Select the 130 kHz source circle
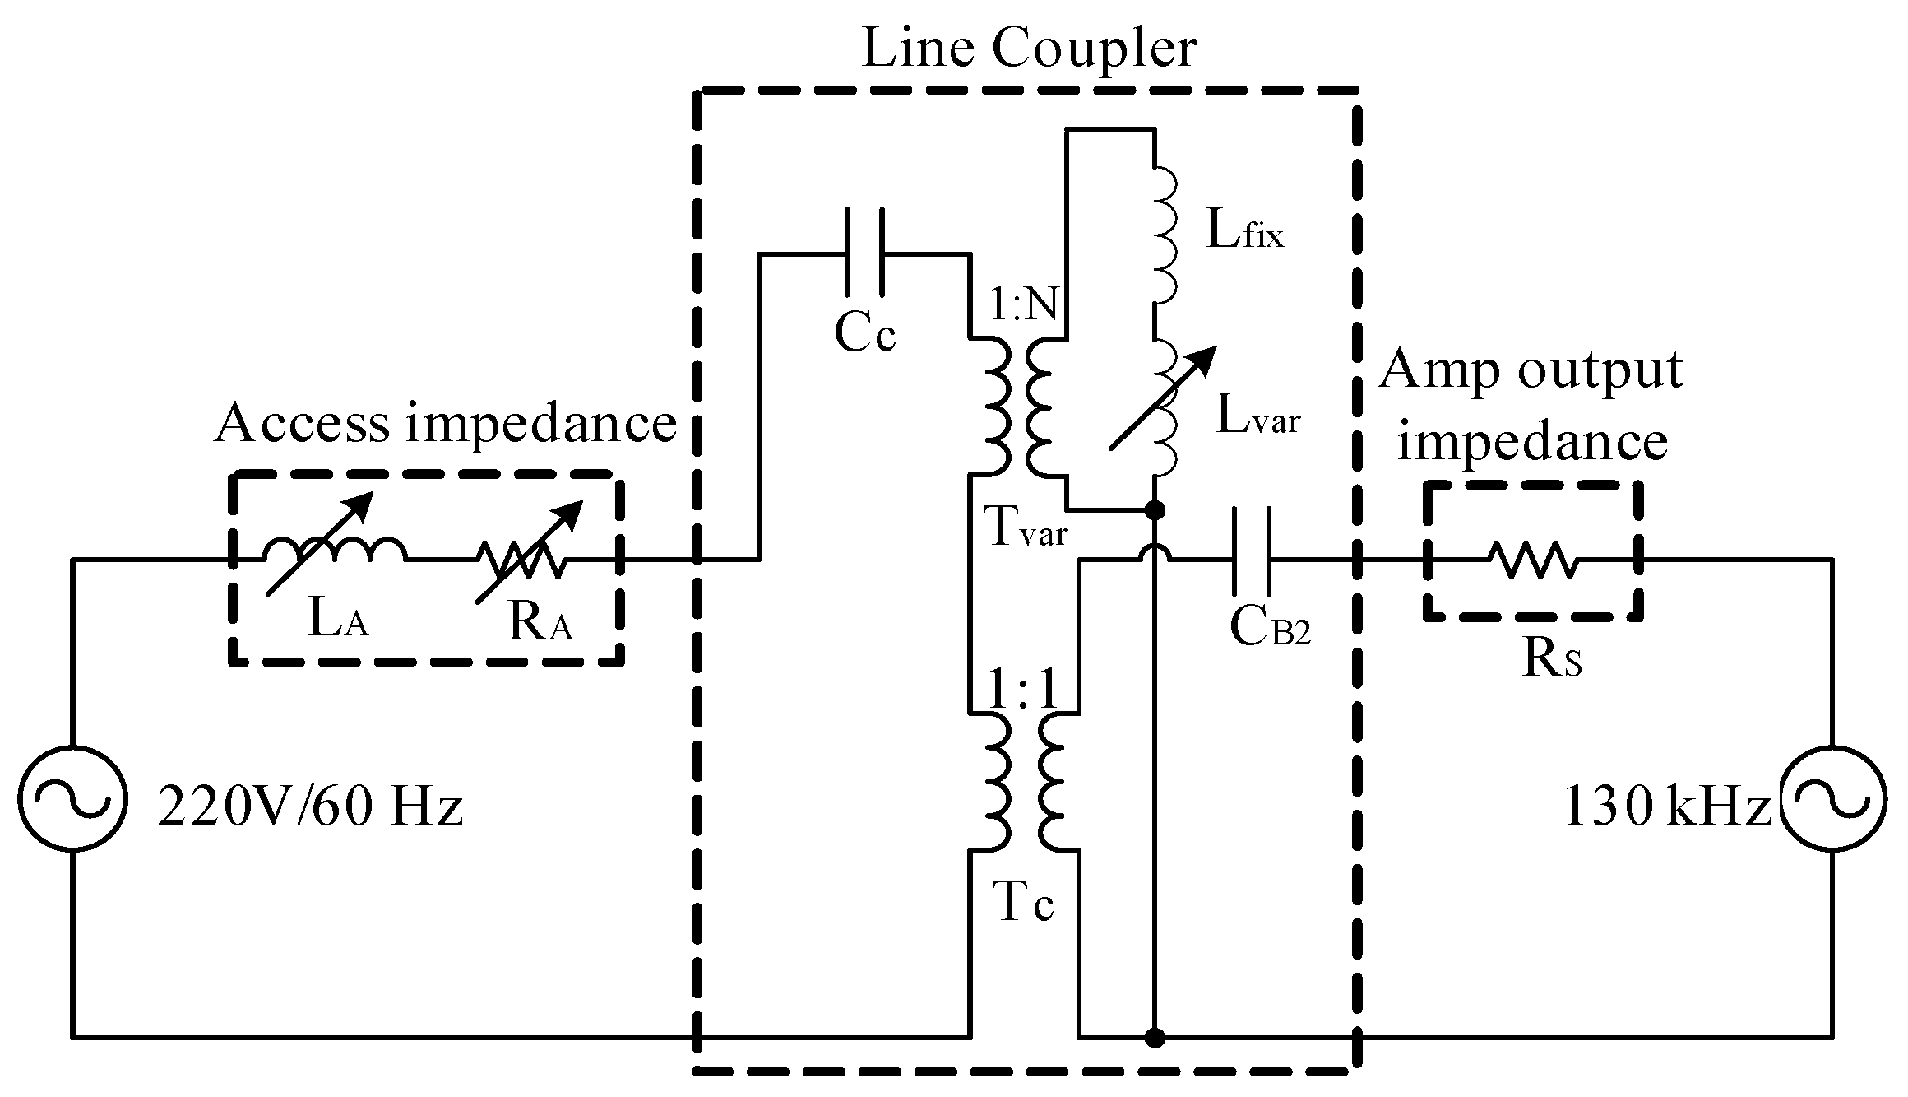pos(1832,798)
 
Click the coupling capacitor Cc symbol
pos(864,253)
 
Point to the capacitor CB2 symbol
pos(1251,560)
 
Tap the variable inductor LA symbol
pos(333,550)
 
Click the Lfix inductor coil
pos(1164,239)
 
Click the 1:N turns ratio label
pos(1025,307)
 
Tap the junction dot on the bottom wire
pos(1155,1037)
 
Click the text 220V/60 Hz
pos(310,807)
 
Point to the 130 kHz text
pos(1665,807)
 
